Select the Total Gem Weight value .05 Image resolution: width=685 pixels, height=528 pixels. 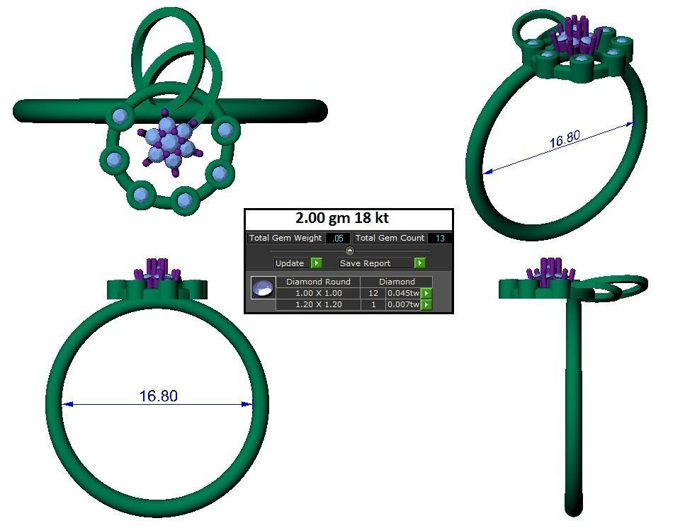338,239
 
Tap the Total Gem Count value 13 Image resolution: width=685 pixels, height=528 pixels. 440,239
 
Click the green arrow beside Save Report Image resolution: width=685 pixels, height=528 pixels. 420,263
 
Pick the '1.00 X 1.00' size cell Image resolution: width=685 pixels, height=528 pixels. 318,293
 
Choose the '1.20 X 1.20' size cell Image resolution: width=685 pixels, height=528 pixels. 318,304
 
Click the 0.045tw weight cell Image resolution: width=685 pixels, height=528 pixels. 403,293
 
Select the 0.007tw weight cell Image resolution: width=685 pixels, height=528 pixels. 403,304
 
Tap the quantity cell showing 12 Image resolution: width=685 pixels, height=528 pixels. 373,293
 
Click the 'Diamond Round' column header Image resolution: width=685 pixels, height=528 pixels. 318,282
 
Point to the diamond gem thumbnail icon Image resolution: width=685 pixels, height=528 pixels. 263,289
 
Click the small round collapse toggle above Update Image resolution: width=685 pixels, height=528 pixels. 349,251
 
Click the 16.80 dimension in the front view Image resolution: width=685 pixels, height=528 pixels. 158,396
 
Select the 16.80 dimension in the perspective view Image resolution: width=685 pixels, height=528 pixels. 565,139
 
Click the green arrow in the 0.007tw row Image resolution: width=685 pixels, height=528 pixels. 426,304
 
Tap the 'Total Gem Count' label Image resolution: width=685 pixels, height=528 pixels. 390,239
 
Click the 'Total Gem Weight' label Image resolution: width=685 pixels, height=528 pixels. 285,239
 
